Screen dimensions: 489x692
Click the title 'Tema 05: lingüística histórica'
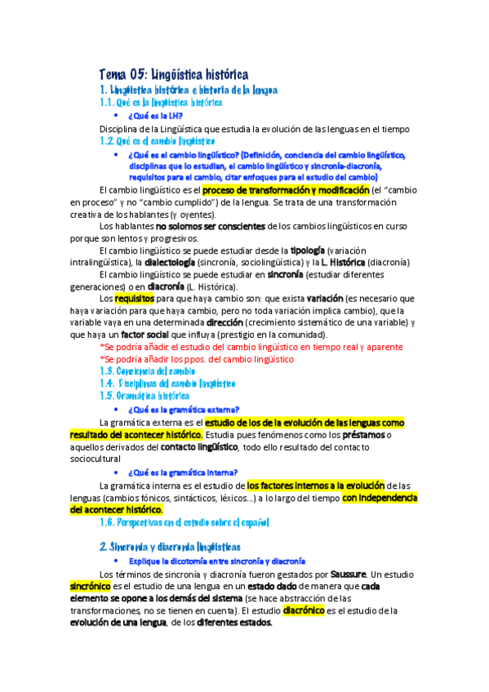pyautogui.click(x=173, y=75)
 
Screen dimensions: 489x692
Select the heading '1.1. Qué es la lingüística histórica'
pyautogui.click(x=160, y=103)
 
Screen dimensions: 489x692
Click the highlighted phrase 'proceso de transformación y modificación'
pyautogui.click(x=292, y=189)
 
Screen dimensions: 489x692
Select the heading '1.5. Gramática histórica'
pyautogui.click(x=144, y=396)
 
